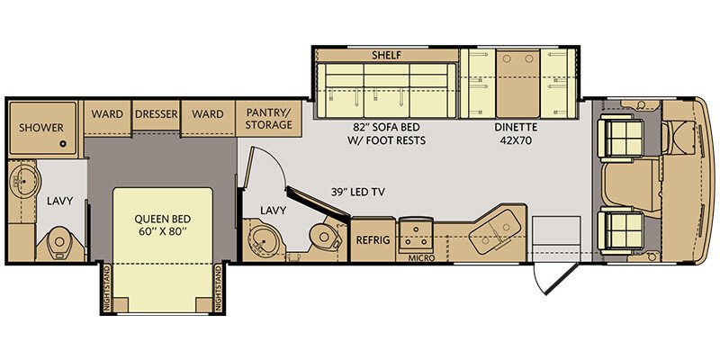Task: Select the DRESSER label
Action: [x=156, y=114]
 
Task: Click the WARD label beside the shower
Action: [x=107, y=114]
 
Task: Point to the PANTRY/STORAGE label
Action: [x=269, y=119]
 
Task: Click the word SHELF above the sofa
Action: [x=387, y=55]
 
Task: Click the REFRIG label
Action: [x=372, y=241]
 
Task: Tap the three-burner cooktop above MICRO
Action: [x=416, y=236]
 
